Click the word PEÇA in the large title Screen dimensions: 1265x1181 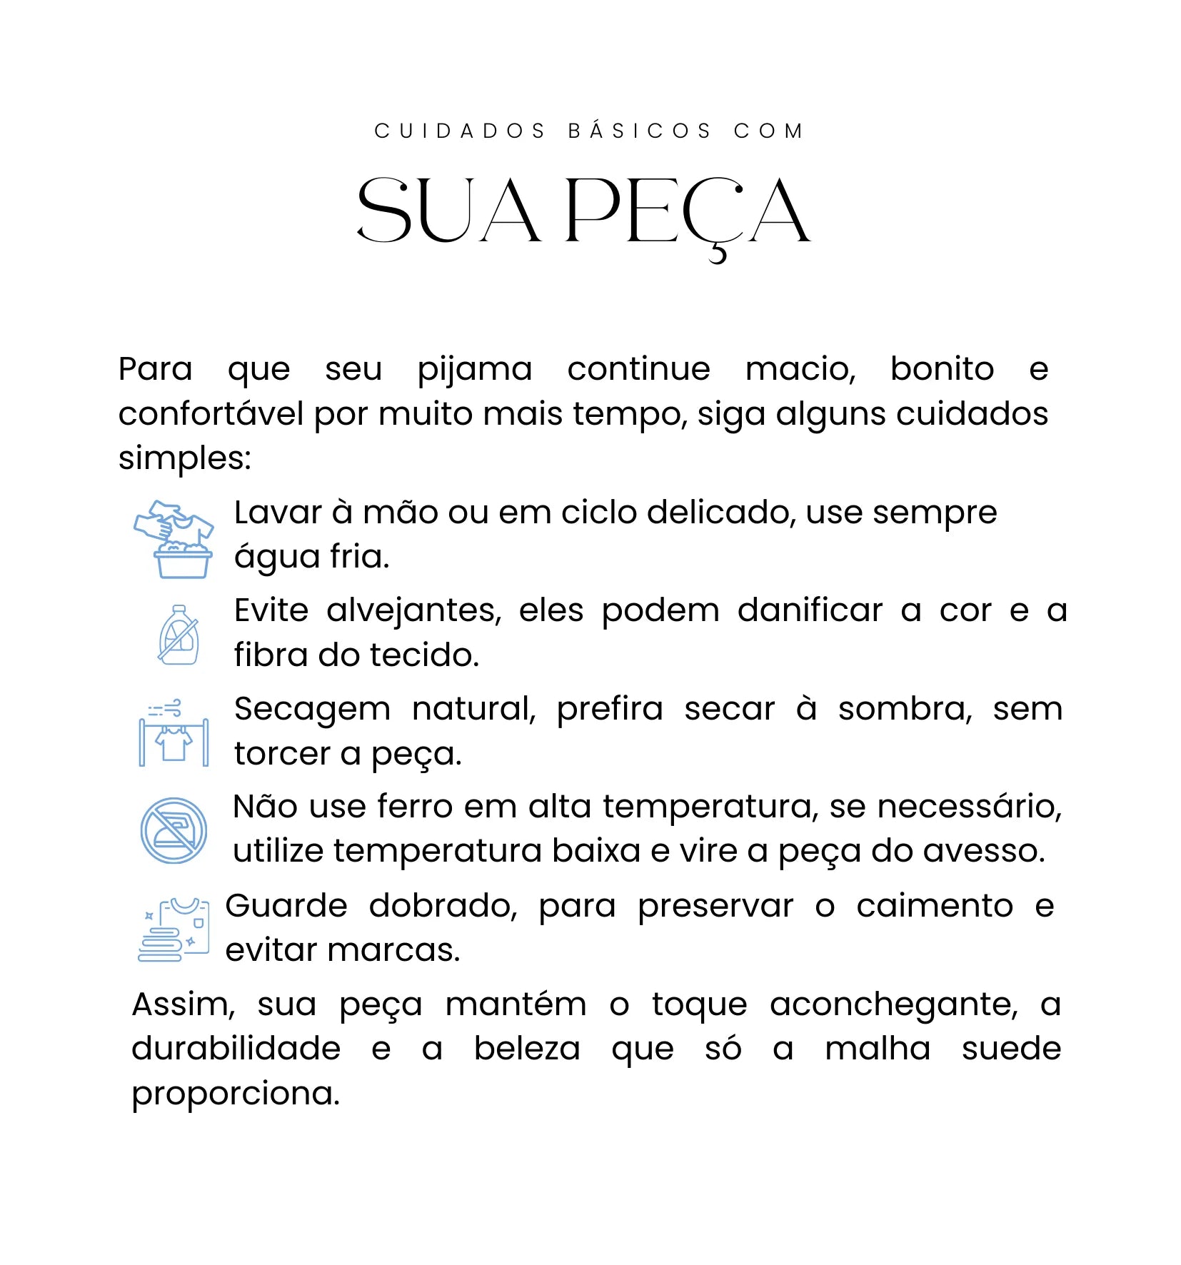coord(687,212)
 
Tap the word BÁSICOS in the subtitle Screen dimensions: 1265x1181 coord(640,131)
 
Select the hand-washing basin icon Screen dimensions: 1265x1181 coord(174,539)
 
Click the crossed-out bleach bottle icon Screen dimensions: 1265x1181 coord(179,635)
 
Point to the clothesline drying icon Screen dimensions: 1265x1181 coord(174,733)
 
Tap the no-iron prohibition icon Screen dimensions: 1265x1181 coord(174,830)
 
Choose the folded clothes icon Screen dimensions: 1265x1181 coord(174,929)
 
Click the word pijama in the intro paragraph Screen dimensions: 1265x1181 coord(475,370)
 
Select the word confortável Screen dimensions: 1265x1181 coord(211,414)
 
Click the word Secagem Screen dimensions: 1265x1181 coord(312,710)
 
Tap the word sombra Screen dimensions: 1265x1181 coord(905,710)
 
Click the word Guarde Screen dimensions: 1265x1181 coord(286,907)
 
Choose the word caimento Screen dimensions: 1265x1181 coord(935,907)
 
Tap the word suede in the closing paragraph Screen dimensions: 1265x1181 coord(1011,1049)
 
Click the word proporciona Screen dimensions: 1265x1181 coord(236,1094)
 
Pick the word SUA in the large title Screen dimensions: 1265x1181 coord(448,212)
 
